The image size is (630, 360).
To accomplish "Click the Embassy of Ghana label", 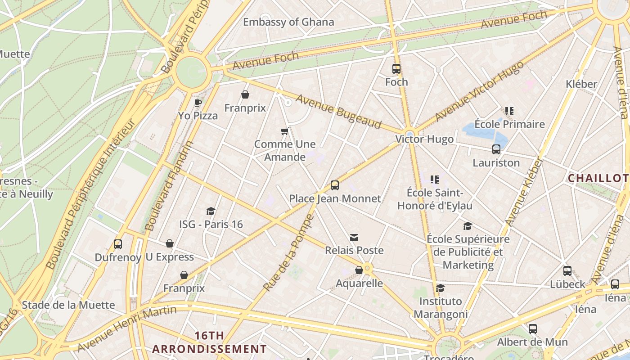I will [x=288, y=22].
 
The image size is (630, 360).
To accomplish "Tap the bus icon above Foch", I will [x=396, y=69].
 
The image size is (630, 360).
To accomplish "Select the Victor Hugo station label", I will [x=424, y=139].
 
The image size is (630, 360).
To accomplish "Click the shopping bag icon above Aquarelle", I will [x=359, y=270].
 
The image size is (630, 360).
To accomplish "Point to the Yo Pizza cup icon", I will [x=198, y=103].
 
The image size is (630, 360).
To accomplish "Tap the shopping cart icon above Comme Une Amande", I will [x=284, y=131].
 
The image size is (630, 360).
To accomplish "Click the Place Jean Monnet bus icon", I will [x=335, y=185].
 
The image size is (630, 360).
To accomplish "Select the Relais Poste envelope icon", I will [x=354, y=238].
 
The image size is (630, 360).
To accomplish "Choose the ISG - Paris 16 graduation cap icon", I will [x=211, y=211].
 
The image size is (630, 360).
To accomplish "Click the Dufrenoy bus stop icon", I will [x=118, y=244].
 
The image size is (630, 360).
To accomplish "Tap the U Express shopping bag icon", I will [x=170, y=243].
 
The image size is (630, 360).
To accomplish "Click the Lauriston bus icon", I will [x=496, y=149].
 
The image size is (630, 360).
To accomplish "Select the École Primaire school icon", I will [x=509, y=111].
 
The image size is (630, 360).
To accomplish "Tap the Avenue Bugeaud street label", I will [x=338, y=112].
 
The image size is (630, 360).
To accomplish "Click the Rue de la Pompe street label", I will [x=288, y=253].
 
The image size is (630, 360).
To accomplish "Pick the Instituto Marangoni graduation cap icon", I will [x=441, y=288].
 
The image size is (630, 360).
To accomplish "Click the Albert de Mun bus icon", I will [x=533, y=329].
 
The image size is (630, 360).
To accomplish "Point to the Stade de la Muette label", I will [x=68, y=305].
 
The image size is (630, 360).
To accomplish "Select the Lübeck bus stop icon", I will [x=567, y=271].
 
